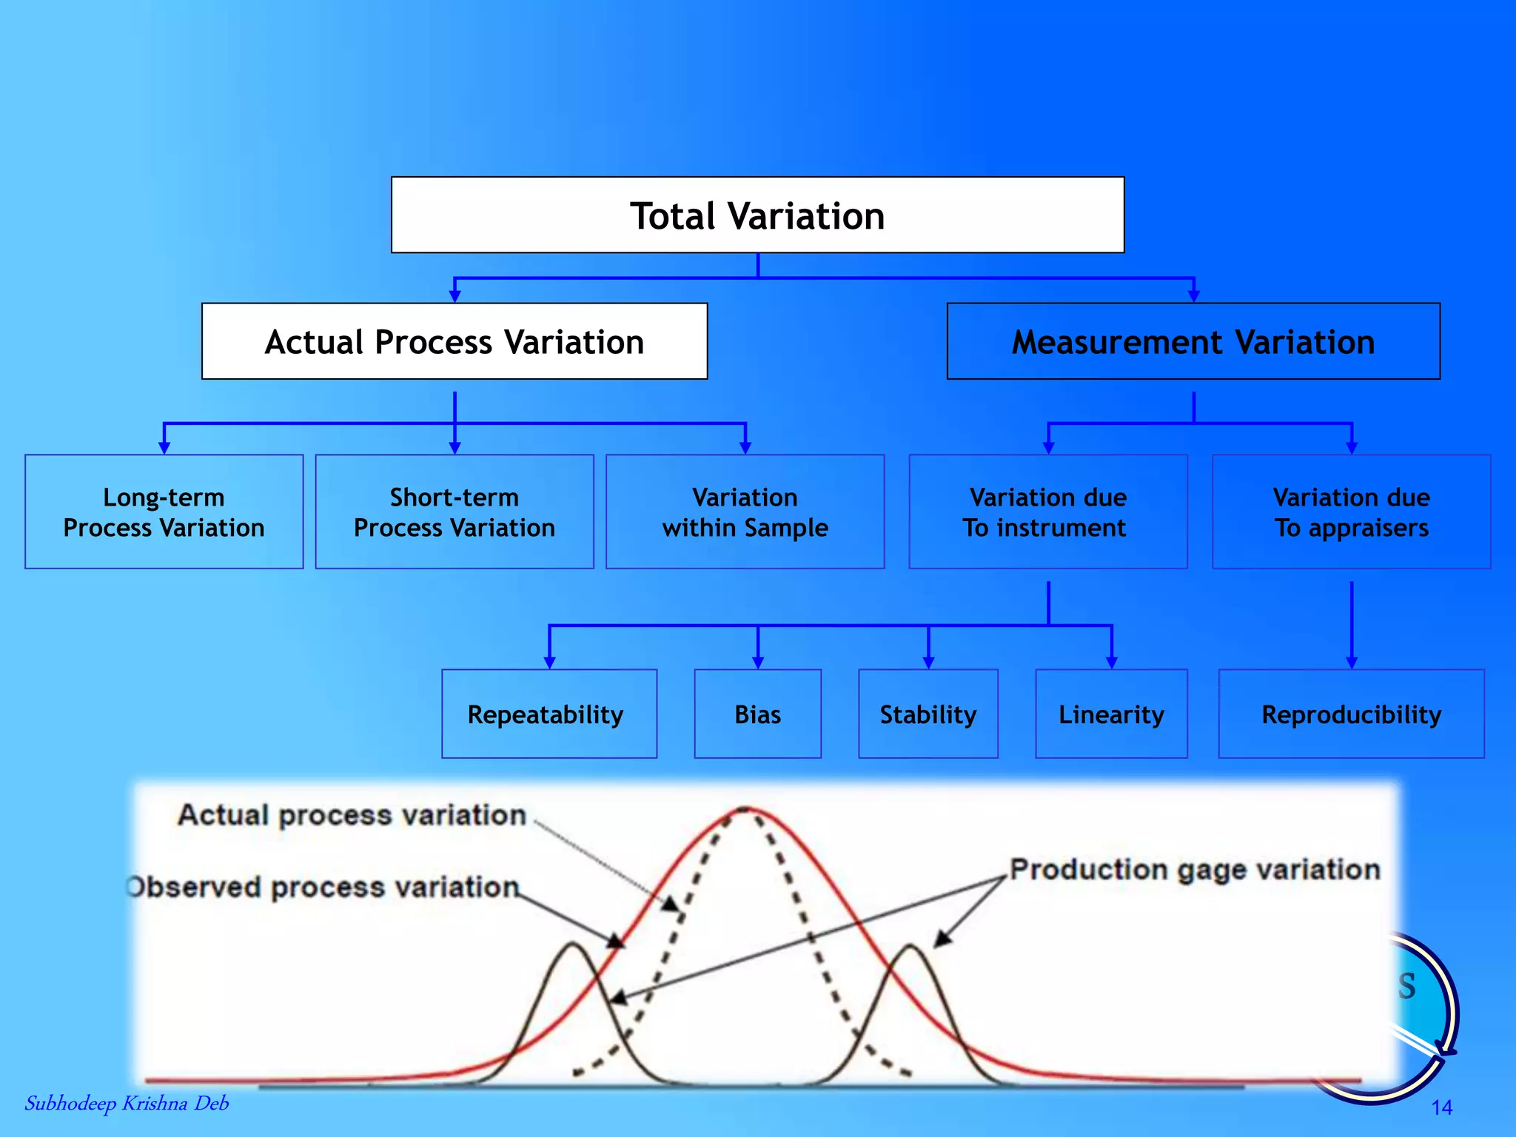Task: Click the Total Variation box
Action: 757,215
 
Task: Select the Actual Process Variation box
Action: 455,341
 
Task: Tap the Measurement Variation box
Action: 1193,341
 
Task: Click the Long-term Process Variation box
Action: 164,512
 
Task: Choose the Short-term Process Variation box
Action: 455,512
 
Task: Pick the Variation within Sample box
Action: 745,512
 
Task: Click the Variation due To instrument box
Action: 1047,512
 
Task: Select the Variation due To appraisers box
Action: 1351,512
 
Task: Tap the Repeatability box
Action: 549,714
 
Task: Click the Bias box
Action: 757,714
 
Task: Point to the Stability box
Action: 928,714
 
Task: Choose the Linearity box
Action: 1111,714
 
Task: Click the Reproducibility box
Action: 1351,714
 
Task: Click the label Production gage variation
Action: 1195,870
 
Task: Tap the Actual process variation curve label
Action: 352,815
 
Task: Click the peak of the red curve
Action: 745,809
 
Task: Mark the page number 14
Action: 1441,1107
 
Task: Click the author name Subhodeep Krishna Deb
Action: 127,1104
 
